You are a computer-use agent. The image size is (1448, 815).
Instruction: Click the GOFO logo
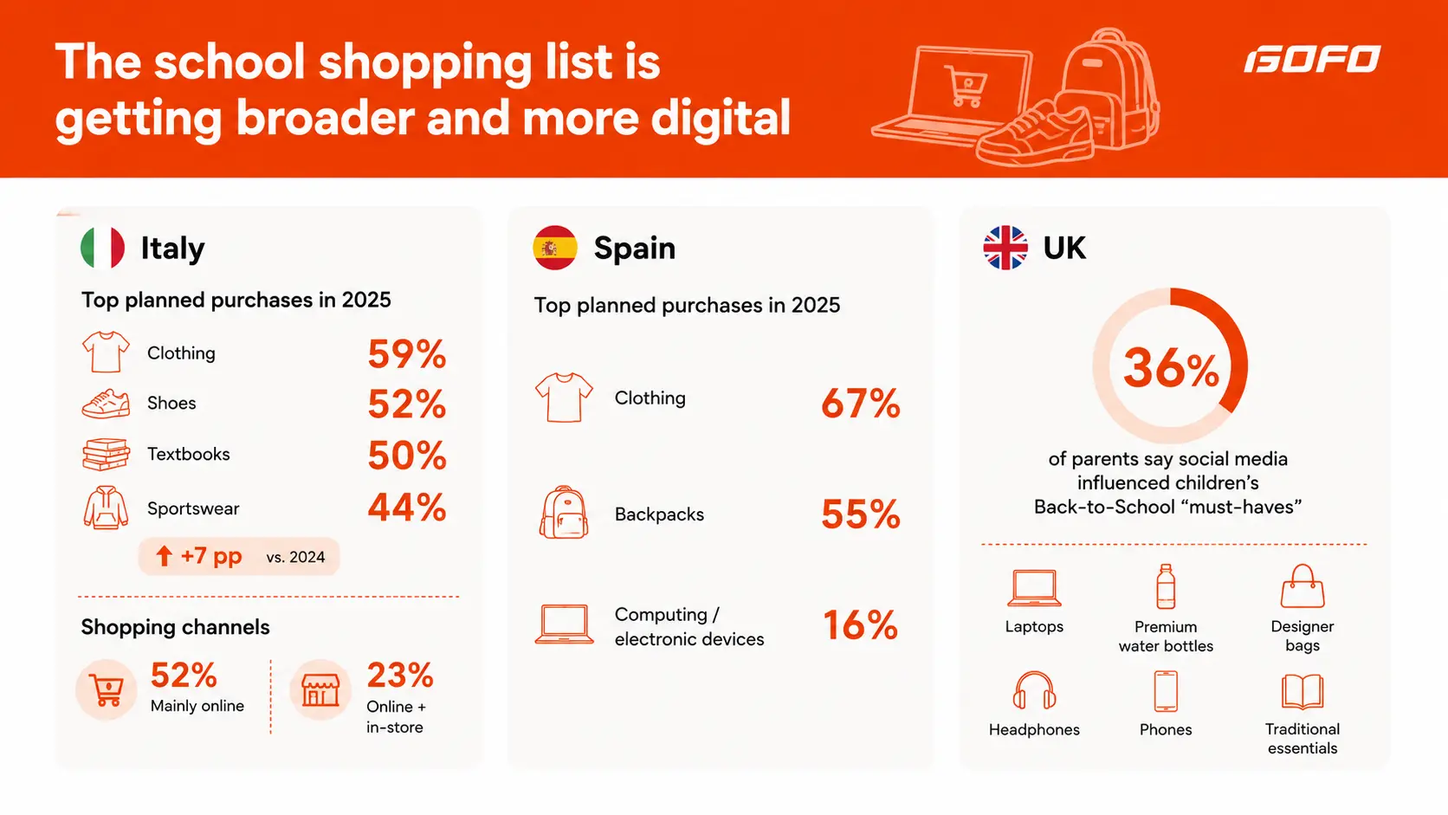coord(1312,59)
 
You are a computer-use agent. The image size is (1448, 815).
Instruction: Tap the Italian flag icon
coord(103,248)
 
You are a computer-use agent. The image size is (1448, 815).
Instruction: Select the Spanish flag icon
coord(554,248)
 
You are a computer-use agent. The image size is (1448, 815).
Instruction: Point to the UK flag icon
coord(1005,248)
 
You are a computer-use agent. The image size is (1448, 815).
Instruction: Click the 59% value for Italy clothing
coord(407,354)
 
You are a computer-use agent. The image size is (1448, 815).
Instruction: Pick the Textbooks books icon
coord(106,455)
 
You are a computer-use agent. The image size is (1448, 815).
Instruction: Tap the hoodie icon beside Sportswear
coord(106,508)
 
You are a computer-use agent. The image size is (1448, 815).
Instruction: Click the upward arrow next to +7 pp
coord(165,556)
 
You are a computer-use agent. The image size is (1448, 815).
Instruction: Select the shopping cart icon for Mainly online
coord(107,690)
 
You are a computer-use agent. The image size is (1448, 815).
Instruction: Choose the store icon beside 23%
coord(320,690)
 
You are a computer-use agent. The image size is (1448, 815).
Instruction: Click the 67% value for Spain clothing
coord(860,404)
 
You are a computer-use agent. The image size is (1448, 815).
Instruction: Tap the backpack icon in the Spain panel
coord(564,513)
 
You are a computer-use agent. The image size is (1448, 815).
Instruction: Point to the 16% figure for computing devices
coord(860,625)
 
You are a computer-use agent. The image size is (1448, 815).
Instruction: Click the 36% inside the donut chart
coord(1171,368)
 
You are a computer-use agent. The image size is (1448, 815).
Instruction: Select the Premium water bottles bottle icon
coord(1166,586)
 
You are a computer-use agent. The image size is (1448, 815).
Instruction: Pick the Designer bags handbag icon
coord(1303,585)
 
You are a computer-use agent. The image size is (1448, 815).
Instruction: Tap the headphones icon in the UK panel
coord(1034,691)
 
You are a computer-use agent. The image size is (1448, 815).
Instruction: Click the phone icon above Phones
coord(1166,691)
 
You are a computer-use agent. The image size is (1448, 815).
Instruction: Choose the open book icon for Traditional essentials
coord(1303,691)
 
